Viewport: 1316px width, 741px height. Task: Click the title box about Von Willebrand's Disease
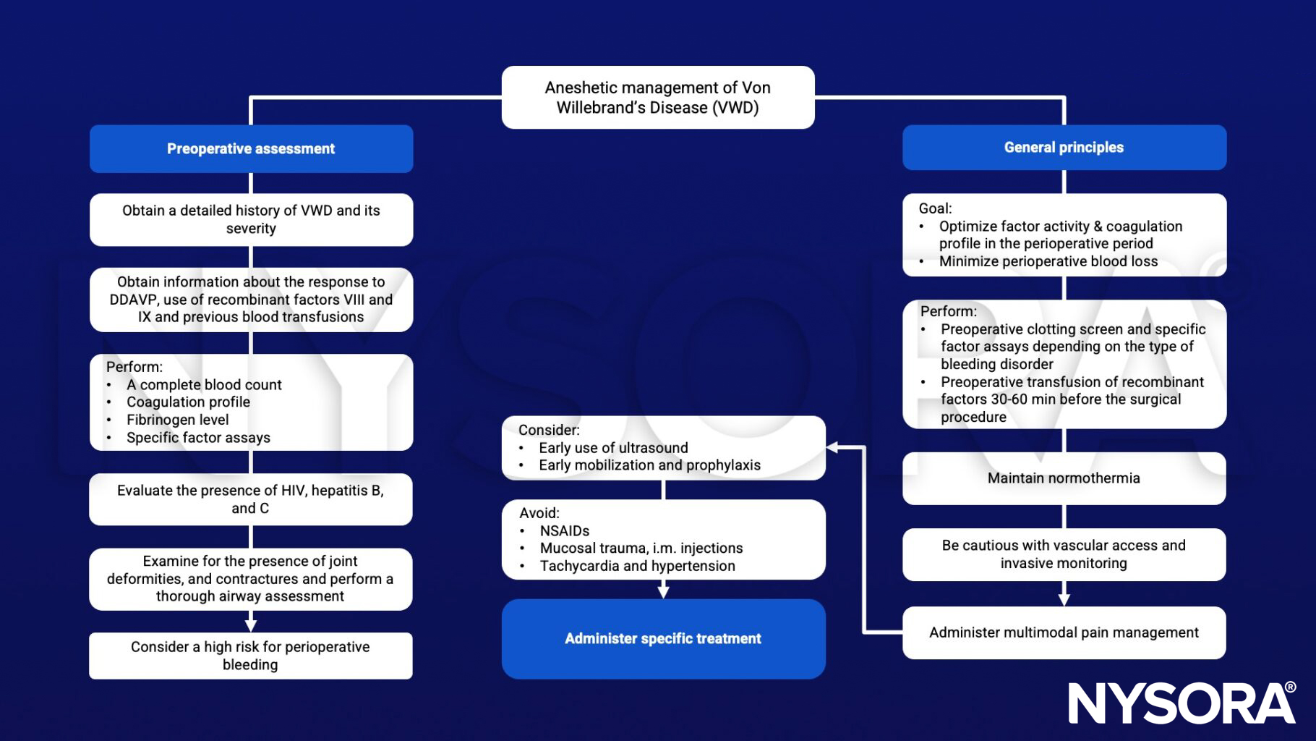657,98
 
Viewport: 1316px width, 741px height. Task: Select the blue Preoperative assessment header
251,149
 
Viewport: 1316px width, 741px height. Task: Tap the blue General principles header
1064,148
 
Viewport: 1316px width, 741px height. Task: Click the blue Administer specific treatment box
663,638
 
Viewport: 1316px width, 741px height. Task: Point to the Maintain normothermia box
1064,478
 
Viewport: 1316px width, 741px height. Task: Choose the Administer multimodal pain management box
1064,632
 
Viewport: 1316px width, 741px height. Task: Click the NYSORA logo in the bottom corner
1182,703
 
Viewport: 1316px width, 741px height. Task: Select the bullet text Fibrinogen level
177,420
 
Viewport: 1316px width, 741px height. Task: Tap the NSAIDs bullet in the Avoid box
564,530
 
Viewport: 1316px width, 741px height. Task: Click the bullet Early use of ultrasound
613,448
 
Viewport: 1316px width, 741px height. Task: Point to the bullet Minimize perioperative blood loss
1048,261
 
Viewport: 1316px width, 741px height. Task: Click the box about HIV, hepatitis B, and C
250,499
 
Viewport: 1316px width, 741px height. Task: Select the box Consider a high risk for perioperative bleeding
250,656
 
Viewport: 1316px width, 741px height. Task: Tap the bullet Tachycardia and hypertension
637,566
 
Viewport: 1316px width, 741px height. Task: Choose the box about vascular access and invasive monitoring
1064,554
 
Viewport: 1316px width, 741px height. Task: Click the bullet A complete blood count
204,385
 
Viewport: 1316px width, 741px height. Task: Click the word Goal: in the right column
935,208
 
